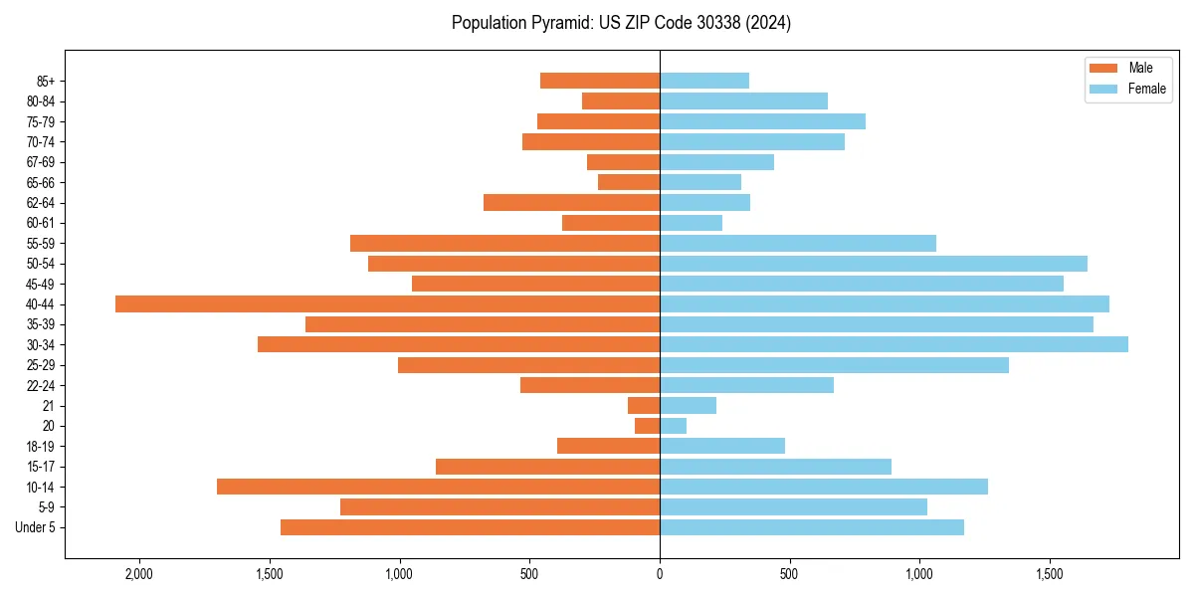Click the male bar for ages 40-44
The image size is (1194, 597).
pos(387,303)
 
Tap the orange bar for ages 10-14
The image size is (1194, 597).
pos(438,487)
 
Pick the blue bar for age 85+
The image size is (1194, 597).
pos(704,81)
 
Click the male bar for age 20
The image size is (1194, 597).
pos(647,426)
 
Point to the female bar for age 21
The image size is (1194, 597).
pos(688,405)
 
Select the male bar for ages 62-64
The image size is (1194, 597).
pos(571,202)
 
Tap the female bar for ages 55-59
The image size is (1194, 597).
pos(798,243)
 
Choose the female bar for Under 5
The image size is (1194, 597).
pos(812,527)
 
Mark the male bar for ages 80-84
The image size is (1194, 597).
pos(621,100)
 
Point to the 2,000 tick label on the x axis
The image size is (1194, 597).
pos(138,574)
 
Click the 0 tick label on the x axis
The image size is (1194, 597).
pos(660,574)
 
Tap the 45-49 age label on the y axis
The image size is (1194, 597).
pos(41,284)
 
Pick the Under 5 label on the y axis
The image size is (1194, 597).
pos(36,527)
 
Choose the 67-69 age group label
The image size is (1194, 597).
pos(41,162)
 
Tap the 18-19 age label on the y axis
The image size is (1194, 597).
pos(41,446)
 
